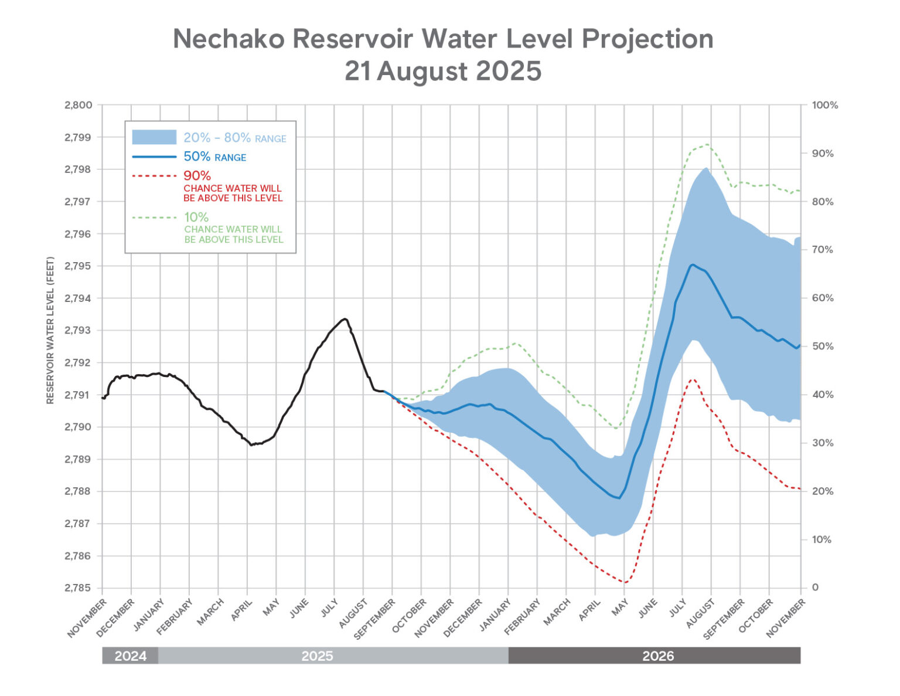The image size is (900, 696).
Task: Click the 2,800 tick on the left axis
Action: (79, 106)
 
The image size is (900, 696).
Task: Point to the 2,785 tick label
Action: (79, 588)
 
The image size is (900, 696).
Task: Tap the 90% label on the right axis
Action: (823, 154)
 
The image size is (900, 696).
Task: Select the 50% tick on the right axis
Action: (823, 347)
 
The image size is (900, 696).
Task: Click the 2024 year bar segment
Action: (130, 656)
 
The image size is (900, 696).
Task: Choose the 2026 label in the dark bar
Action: (658, 656)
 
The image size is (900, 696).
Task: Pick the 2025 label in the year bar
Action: (317, 656)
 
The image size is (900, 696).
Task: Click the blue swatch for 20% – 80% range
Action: (154, 137)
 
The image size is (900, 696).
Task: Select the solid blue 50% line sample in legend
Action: (154, 157)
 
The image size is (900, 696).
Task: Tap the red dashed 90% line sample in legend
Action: (154, 175)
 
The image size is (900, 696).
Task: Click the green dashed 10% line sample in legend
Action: (154, 218)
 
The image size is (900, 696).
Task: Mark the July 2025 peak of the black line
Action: (345, 319)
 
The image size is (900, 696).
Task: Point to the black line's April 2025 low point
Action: (251, 444)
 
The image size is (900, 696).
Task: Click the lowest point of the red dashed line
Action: (625, 582)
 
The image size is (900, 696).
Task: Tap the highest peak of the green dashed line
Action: (707, 144)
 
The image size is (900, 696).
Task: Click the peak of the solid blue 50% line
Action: (693, 264)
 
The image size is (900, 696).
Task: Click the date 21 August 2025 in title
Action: (443, 72)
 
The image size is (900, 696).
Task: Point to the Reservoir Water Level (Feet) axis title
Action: (50, 330)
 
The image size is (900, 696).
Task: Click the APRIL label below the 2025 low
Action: (242, 610)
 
